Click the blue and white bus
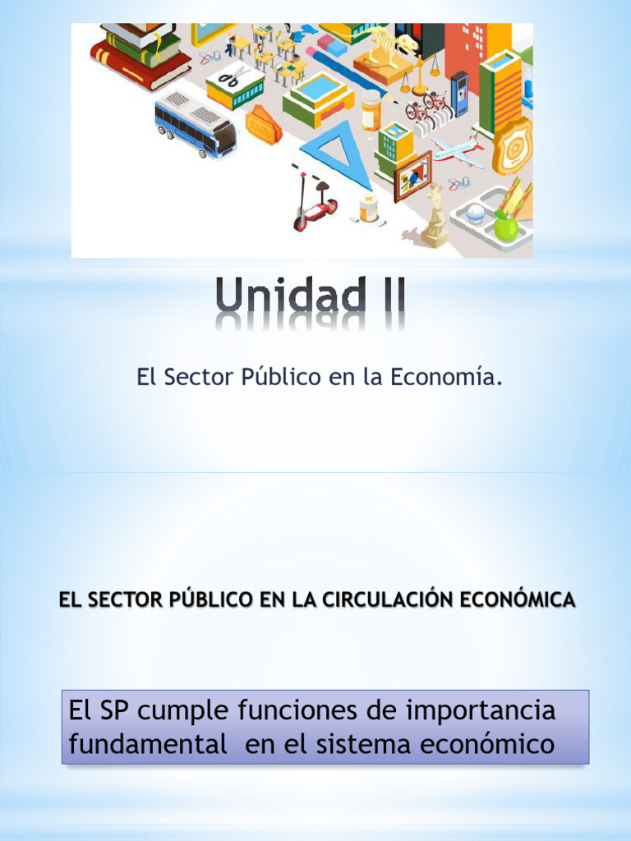tap(195, 123)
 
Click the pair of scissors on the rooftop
tap(233, 79)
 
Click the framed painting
tap(412, 175)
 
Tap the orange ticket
tap(263, 125)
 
